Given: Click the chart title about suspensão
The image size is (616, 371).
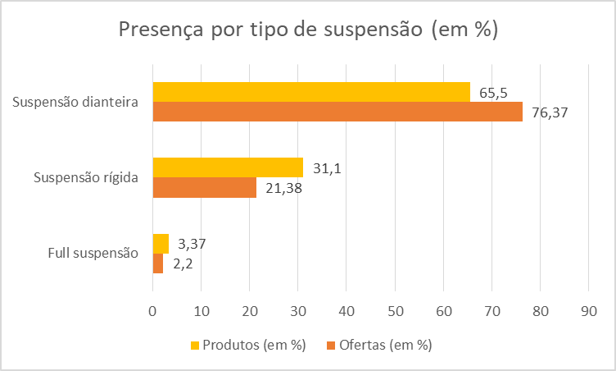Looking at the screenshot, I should pyautogui.click(x=308, y=30).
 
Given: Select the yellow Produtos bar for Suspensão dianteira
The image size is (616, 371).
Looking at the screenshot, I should pyautogui.click(x=311, y=92).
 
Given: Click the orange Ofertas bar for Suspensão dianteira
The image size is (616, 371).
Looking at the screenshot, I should pyautogui.click(x=337, y=112).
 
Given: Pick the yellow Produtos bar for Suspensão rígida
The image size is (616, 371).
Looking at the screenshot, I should pyautogui.click(x=228, y=167).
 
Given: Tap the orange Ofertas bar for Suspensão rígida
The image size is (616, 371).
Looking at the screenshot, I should pyautogui.click(x=204, y=187).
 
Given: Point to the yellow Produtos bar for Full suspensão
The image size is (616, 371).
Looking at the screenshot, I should pyautogui.click(x=161, y=244).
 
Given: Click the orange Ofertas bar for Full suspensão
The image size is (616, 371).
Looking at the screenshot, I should pyautogui.click(x=158, y=263).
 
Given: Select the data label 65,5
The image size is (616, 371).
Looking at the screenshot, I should pyautogui.click(x=493, y=93).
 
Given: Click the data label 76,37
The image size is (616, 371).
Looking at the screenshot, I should pyautogui.click(x=549, y=112).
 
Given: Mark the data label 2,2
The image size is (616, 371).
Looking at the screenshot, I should pyautogui.click(x=183, y=263).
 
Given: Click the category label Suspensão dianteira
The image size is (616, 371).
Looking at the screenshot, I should pyautogui.click(x=75, y=103).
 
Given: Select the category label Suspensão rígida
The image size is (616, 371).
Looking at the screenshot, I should pyautogui.click(x=85, y=177).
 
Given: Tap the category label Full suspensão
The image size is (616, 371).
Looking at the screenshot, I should pyautogui.click(x=93, y=253).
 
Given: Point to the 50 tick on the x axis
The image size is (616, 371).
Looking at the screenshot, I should pyautogui.click(x=395, y=310).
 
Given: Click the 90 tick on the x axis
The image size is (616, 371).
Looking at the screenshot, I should pyautogui.click(x=588, y=310).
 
